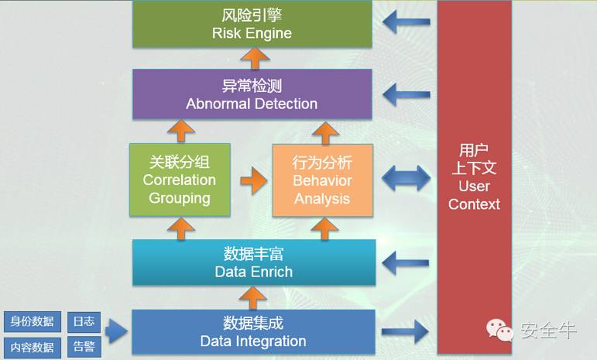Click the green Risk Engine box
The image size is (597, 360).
coord(252,24)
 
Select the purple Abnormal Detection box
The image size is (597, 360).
coord(252,94)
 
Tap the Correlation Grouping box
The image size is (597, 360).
coord(180,180)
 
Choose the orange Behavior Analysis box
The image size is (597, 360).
coord(322,180)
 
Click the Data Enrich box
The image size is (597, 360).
coord(253,262)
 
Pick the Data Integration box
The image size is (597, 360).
coord(253,332)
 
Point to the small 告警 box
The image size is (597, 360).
coord(83,347)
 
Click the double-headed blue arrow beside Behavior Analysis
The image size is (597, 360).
coord(405,179)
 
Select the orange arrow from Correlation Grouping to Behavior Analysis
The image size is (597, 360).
coord(252,182)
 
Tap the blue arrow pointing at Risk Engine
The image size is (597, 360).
coord(406,22)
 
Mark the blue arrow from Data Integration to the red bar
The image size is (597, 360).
coord(406,333)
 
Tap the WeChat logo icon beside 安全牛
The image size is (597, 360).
coord(499,331)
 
